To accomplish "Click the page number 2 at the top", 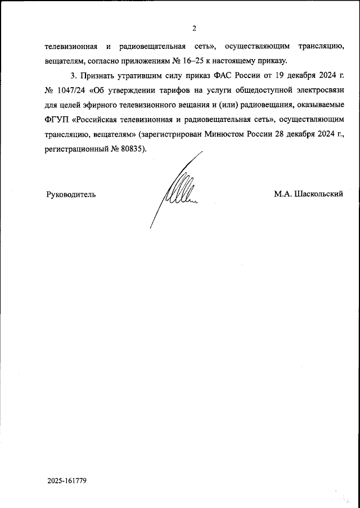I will pos(193,28).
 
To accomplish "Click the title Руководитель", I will pos(70,194).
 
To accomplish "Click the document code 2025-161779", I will pos(67,481).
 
